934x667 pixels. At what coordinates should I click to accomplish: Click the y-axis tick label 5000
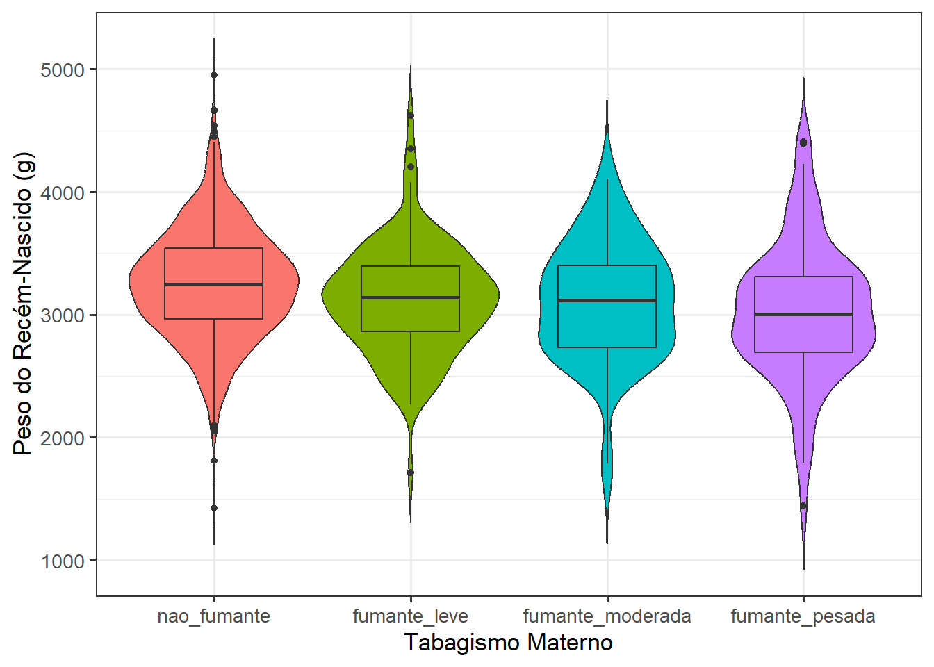(x=63, y=70)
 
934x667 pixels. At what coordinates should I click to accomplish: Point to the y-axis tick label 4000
(x=63, y=192)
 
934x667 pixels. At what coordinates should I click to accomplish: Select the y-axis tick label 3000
(x=63, y=315)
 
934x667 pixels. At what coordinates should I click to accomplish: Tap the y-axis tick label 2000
(x=63, y=438)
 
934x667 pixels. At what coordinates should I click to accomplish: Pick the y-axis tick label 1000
(x=63, y=561)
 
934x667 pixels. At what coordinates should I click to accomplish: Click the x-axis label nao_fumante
(x=213, y=616)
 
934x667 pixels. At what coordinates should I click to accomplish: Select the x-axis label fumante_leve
(x=410, y=616)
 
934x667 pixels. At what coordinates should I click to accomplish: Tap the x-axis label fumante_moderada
(x=607, y=616)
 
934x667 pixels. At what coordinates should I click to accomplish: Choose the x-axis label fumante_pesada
(x=803, y=616)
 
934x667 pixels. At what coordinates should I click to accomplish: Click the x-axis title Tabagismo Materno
(x=508, y=643)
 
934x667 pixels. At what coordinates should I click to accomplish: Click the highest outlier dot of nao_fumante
(x=213, y=75)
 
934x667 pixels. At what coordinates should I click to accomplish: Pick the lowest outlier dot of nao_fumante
(x=213, y=508)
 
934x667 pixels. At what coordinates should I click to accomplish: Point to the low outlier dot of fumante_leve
(x=410, y=472)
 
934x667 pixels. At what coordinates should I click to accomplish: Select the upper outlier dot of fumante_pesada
(x=803, y=142)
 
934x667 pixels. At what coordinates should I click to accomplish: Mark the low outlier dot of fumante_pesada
(x=803, y=506)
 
